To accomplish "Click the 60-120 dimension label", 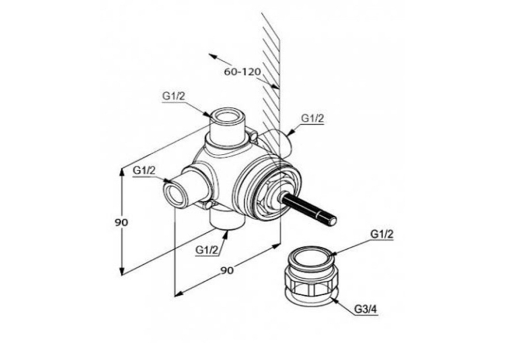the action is pyautogui.click(x=242, y=71).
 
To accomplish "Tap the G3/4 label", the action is pyautogui.click(x=366, y=309).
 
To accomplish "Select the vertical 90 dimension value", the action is pyautogui.click(x=121, y=223).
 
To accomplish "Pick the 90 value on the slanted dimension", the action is pyautogui.click(x=227, y=270).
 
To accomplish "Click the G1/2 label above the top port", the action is pyautogui.click(x=174, y=96).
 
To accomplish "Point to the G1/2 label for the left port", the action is pyautogui.click(x=144, y=170).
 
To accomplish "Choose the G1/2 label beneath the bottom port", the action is pyautogui.click(x=207, y=250).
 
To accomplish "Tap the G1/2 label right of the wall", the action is pyautogui.click(x=312, y=118).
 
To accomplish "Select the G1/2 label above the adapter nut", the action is pyautogui.click(x=382, y=234).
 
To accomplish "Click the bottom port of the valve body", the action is pyautogui.click(x=227, y=220).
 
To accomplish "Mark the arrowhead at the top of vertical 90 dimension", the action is pyautogui.click(x=121, y=173).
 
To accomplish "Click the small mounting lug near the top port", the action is pyautogui.click(x=253, y=135).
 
